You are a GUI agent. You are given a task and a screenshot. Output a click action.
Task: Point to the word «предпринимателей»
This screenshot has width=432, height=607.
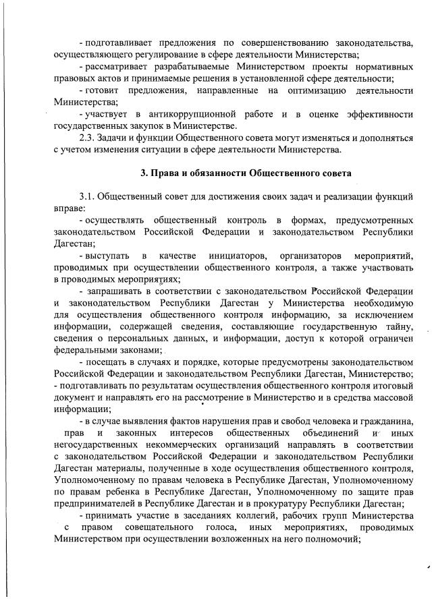click(97, 504)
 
